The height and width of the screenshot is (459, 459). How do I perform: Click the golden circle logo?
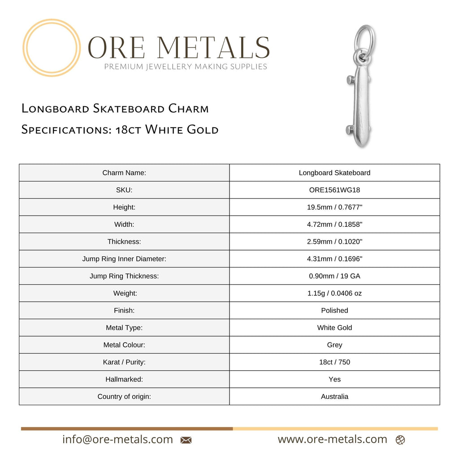(x=52, y=48)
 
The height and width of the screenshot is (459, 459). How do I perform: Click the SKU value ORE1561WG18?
(x=334, y=190)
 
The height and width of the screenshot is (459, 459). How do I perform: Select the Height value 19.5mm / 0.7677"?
(x=334, y=207)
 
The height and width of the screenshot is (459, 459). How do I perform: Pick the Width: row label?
(x=124, y=225)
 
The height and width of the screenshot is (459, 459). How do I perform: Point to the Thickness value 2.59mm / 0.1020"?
(x=334, y=242)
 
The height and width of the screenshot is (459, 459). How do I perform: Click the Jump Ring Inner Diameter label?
(x=124, y=259)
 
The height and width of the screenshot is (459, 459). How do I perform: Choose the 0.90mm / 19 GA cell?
(x=334, y=276)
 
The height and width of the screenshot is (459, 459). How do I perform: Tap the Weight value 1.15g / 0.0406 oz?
(x=334, y=294)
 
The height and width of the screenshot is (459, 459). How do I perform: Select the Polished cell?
(x=334, y=311)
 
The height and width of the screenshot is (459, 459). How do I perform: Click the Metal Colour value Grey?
(x=334, y=345)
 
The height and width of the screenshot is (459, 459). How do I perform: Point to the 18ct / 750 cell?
(x=334, y=362)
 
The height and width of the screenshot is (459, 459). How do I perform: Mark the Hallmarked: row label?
(x=124, y=380)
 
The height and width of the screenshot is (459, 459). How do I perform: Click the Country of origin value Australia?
(x=334, y=397)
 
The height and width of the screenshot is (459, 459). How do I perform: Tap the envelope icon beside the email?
(x=186, y=440)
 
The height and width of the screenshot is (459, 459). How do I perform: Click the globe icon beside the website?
(x=400, y=440)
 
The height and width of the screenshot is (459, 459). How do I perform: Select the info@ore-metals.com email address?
(x=117, y=440)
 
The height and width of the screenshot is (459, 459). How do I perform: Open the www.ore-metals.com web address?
(x=332, y=440)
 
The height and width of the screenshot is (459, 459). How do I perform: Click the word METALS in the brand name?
(x=213, y=48)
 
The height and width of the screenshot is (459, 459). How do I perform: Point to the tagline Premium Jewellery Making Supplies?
(x=186, y=67)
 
